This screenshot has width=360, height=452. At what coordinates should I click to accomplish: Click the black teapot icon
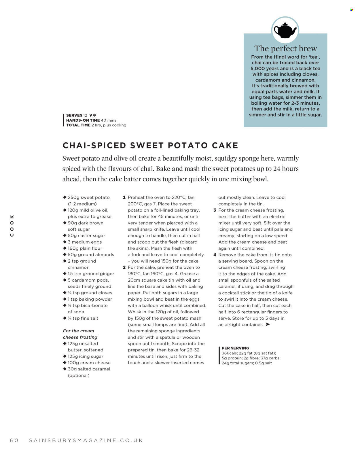point(285,30)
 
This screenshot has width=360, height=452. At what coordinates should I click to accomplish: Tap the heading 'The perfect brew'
point(285,48)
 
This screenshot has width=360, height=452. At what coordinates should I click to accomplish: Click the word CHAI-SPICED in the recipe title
point(94,145)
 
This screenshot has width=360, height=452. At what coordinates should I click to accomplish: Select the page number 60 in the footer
point(14,440)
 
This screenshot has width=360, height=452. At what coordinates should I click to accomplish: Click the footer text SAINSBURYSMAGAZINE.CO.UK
point(86,440)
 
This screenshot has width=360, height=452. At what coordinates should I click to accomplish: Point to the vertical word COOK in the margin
point(12,226)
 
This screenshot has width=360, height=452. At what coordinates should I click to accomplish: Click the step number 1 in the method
point(124,197)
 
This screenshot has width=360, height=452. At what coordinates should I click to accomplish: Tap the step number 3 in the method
point(215,210)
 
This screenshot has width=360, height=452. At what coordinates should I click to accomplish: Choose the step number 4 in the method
point(215,255)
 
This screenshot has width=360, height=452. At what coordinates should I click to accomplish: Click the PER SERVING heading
point(235,348)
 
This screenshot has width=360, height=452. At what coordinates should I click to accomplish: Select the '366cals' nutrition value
point(230,353)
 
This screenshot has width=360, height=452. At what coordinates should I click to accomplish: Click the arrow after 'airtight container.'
point(268,324)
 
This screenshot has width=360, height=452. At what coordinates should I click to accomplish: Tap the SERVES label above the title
point(74,115)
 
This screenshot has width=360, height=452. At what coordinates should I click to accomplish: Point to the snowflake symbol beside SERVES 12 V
point(94,115)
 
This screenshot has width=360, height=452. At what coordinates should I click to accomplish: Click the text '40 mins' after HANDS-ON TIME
point(109,120)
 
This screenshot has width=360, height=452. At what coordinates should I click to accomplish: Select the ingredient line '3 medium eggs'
point(85,242)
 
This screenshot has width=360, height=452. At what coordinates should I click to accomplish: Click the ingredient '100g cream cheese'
point(89,363)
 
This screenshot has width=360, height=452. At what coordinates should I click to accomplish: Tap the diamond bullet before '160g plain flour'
point(65,248)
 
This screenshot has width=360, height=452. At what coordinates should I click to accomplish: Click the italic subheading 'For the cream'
point(78,331)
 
